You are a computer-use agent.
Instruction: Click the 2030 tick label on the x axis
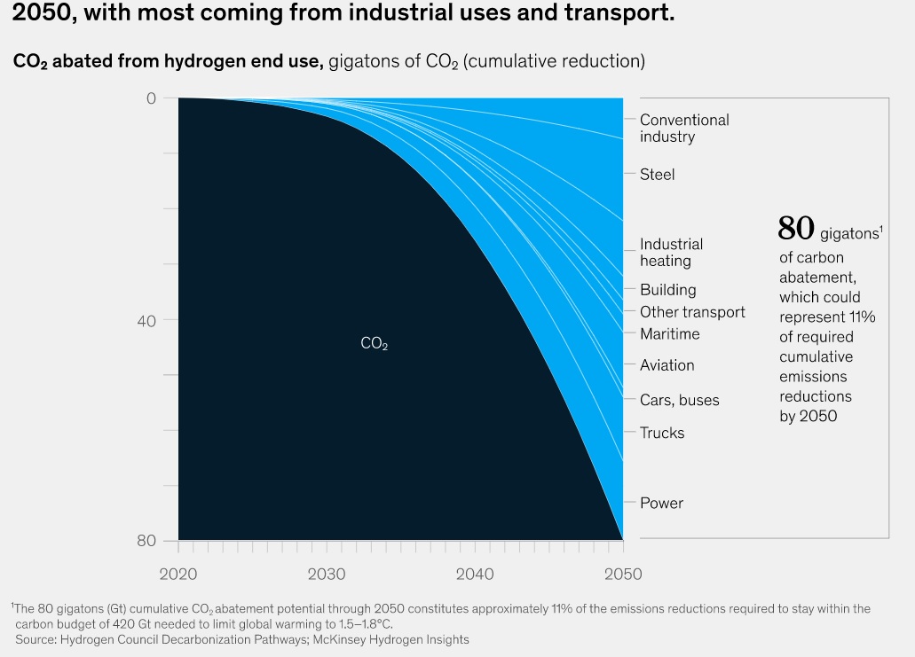coord(327,575)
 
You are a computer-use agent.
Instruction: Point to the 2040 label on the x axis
coord(475,575)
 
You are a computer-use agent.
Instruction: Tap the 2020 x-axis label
coord(178,575)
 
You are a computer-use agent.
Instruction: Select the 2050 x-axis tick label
coord(622,575)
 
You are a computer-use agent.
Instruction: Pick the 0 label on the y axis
coord(151,98)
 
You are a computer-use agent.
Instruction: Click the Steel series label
coord(657,175)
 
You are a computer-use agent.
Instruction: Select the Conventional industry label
coord(684,129)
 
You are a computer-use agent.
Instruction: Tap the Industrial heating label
coord(671,253)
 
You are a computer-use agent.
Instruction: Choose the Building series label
coord(667,290)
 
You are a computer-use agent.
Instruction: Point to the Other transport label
coord(692,312)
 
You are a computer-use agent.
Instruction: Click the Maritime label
coord(669,334)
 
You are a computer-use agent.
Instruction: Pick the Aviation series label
coord(667,365)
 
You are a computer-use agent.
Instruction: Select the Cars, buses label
coord(679,401)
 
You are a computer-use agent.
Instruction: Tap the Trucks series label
coord(662,434)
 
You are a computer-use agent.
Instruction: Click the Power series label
coord(661,504)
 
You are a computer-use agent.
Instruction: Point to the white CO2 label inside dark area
coord(374,344)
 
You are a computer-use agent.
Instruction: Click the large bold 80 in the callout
coord(796,229)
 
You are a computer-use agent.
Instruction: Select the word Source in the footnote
coord(36,639)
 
